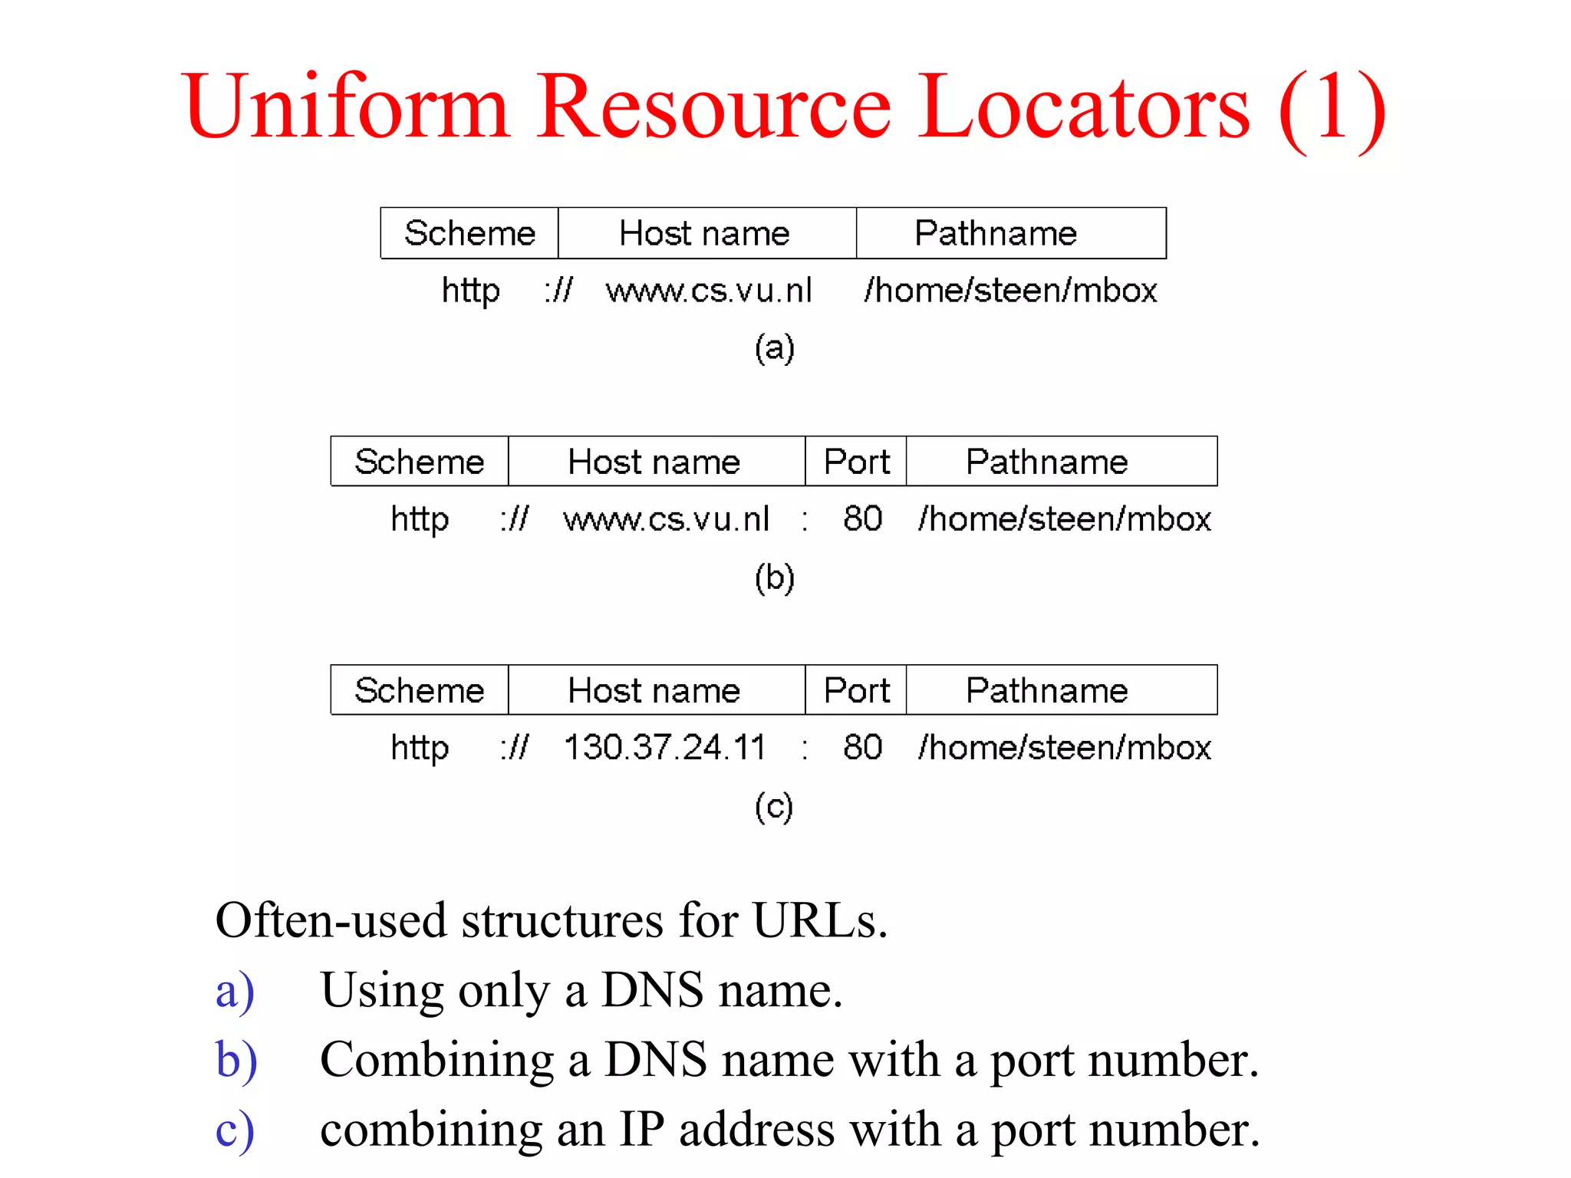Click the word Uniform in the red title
click(x=345, y=107)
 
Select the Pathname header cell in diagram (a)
click(x=996, y=233)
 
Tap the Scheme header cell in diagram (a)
click(x=469, y=233)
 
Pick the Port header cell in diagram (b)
click(x=856, y=462)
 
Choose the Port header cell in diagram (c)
click(x=856, y=690)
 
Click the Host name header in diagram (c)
click(x=654, y=690)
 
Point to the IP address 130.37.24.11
click(x=664, y=747)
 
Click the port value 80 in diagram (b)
click(x=862, y=518)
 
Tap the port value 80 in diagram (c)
click(x=862, y=747)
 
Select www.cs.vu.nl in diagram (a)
click(x=708, y=291)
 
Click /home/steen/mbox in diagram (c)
click(x=1065, y=747)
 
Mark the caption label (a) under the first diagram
click(x=774, y=348)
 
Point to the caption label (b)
click(x=774, y=577)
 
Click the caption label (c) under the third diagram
click(x=773, y=807)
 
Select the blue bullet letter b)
click(x=236, y=1060)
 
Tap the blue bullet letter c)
click(x=234, y=1130)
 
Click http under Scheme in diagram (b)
click(x=420, y=519)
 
